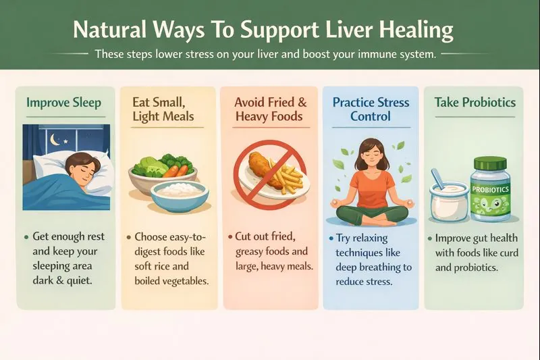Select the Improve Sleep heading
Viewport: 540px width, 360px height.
64,103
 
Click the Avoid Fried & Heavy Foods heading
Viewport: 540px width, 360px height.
270,109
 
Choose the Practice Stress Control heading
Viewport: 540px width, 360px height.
371,109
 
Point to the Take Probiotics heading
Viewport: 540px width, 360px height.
475,103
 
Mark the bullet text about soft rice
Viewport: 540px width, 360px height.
168,259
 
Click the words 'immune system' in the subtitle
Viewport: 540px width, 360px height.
398,54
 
